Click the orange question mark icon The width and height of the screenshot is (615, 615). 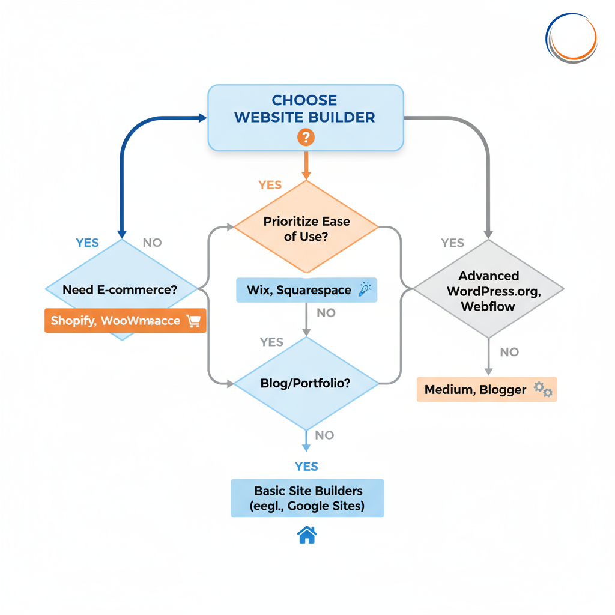tap(306, 138)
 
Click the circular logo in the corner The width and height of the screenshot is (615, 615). tap(571, 38)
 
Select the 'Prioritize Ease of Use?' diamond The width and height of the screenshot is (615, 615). tap(306, 228)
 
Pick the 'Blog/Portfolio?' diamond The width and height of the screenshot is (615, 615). tap(306, 383)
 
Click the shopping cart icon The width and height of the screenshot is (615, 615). tap(193, 321)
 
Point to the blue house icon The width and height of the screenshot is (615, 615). tap(307, 535)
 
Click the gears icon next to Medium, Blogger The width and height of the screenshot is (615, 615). tap(543, 390)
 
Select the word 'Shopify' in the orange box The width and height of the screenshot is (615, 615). tap(73, 321)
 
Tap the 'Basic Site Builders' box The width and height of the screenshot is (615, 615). tap(307, 498)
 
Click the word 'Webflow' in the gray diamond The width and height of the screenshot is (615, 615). tap(488, 306)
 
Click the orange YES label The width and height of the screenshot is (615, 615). tap(270, 185)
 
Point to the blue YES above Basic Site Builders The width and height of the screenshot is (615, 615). tap(306, 467)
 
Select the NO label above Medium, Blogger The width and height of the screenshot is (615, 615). tap(509, 352)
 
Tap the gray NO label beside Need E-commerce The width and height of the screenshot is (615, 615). tap(152, 243)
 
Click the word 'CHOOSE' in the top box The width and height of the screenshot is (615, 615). tap(304, 100)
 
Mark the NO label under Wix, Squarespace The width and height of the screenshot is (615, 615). tap(326, 313)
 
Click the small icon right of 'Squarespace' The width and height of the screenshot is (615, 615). tap(364, 290)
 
